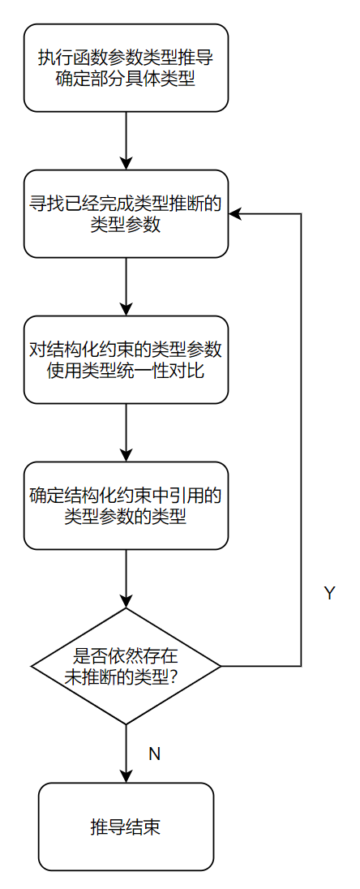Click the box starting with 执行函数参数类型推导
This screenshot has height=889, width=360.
(x=126, y=67)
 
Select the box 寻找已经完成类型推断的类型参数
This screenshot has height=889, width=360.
(x=126, y=213)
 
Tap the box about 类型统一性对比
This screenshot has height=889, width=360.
(x=126, y=359)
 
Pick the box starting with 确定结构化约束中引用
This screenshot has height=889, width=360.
(x=126, y=505)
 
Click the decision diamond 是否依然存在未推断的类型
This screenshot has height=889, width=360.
(x=126, y=666)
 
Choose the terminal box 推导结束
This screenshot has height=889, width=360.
(x=126, y=827)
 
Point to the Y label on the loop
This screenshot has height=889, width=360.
(x=329, y=594)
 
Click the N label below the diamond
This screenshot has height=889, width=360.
(x=154, y=754)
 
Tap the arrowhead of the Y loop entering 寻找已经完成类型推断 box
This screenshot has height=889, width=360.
(x=235, y=213)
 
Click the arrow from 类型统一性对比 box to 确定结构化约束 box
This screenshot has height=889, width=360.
(x=126, y=432)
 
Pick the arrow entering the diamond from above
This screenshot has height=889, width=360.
(x=126, y=578)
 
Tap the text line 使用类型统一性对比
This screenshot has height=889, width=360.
(x=126, y=371)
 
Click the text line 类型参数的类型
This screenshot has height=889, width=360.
(x=126, y=517)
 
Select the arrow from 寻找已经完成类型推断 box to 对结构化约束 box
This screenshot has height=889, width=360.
(x=126, y=286)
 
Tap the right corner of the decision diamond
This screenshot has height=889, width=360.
(x=220, y=666)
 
